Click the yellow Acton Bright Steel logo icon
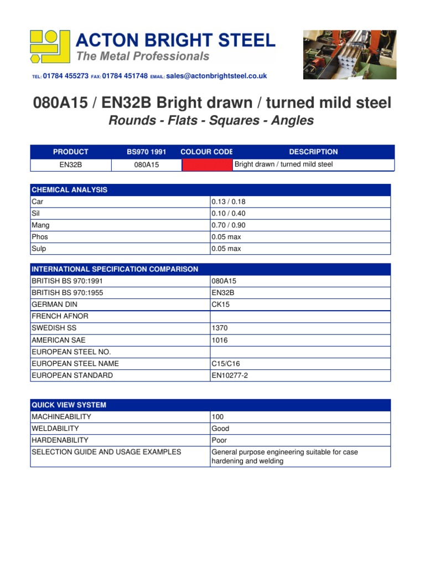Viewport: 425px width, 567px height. (x=50, y=47)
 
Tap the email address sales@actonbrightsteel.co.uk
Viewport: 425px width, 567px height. (x=216, y=76)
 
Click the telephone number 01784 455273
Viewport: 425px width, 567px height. (x=65, y=76)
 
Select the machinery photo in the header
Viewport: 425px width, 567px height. (x=349, y=55)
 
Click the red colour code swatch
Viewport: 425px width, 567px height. (x=207, y=164)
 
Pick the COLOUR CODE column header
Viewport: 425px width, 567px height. (x=206, y=152)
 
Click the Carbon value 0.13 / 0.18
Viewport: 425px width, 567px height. (x=229, y=202)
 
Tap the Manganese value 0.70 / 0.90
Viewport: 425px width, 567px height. (x=229, y=225)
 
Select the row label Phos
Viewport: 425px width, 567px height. (x=39, y=237)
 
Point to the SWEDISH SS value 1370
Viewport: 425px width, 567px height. (x=220, y=328)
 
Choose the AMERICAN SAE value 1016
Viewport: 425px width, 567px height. (x=220, y=340)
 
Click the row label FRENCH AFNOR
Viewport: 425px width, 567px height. (x=60, y=316)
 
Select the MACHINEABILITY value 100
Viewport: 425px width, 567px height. (x=218, y=416)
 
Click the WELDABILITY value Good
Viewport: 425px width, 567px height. (x=220, y=429)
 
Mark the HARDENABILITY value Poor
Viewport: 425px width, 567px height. (x=219, y=440)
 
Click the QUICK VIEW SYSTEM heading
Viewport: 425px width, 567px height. (x=69, y=405)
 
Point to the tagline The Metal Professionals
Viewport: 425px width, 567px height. (x=143, y=56)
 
